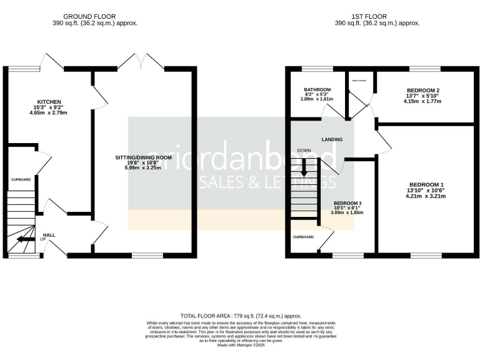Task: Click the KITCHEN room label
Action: click(x=48, y=101)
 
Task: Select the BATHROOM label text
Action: click(x=317, y=90)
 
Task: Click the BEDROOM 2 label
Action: click(x=422, y=91)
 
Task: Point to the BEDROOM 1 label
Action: click(x=425, y=184)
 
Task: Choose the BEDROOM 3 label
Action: click(x=348, y=204)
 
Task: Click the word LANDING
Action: click(x=332, y=139)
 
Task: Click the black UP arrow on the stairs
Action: click(x=26, y=239)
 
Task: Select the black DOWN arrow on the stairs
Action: click(x=304, y=167)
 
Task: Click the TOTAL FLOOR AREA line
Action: click(x=240, y=317)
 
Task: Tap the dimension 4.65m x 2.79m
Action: click(x=48, y=113)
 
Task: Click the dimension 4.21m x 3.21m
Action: click(x=425, y=196)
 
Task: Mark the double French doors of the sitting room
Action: click(x=141, y=62)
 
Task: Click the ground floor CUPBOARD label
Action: click(x=21, y=179)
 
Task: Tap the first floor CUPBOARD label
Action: click(x=304, y=237)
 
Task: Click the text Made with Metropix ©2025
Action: click(x=240, y=345)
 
